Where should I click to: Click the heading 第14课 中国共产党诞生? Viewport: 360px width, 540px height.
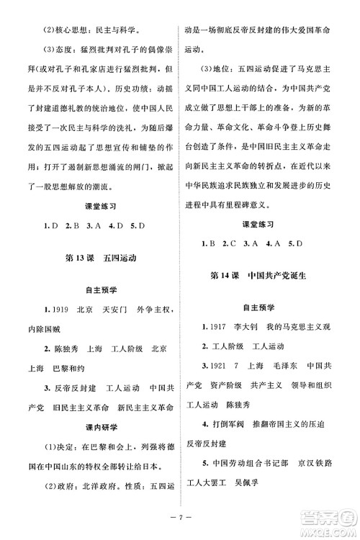[266, 276]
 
